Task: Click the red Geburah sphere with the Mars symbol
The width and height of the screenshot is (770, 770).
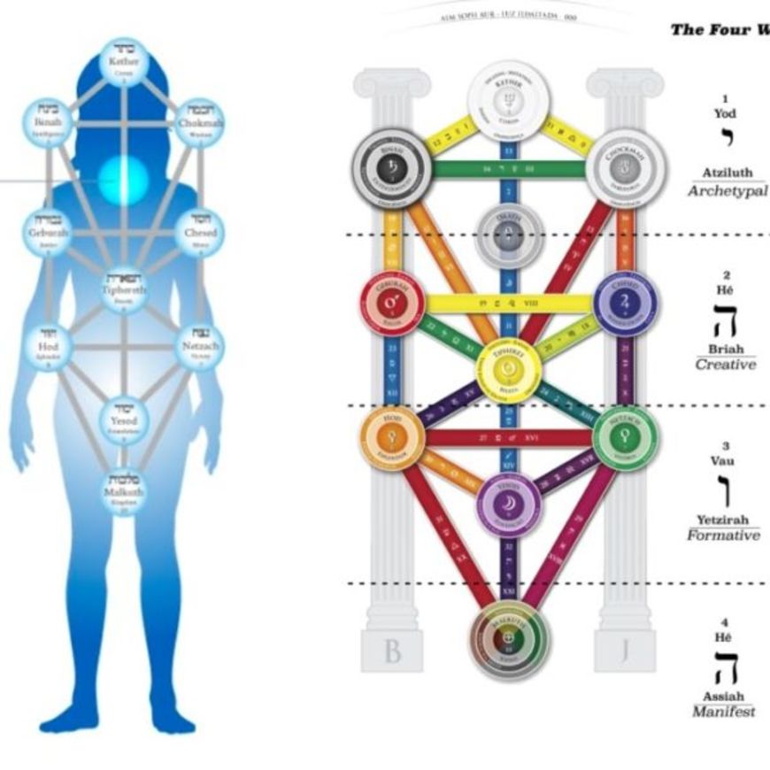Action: (x=392, y=304)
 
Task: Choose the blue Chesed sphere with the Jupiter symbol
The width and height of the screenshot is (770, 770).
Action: (x=625, y=304)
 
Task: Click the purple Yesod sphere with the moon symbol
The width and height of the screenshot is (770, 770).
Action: (x=509, y=505)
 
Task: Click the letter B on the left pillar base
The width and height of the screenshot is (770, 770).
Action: (x=392, y=651)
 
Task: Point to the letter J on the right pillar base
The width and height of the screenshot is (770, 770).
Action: (x=625, y=651)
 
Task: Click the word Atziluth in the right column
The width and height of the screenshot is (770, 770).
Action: (x=727, y=173)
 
